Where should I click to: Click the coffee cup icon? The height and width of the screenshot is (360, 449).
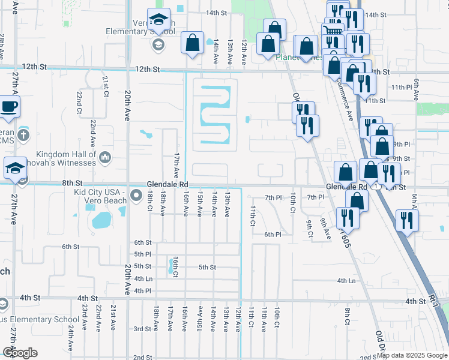pos(9,107)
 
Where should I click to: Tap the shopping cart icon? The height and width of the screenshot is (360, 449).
pos(332,29)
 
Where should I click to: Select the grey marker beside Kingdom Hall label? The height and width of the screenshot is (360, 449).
pos(106,157)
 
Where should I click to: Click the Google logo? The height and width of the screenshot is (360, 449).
pos(19,353)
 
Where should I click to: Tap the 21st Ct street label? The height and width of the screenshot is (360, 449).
pos(105,86)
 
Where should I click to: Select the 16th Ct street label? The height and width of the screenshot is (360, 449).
pos(175,264)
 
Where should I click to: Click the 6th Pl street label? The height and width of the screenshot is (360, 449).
pos(273,235)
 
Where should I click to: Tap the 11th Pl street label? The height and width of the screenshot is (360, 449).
pos(399,87)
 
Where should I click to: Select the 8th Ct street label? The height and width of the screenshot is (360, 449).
pos(347,315)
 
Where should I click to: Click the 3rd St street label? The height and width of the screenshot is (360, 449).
pos(142,329)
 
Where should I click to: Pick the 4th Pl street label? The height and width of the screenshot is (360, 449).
pos(143,291)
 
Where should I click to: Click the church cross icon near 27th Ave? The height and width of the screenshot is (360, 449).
pos(23,134)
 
